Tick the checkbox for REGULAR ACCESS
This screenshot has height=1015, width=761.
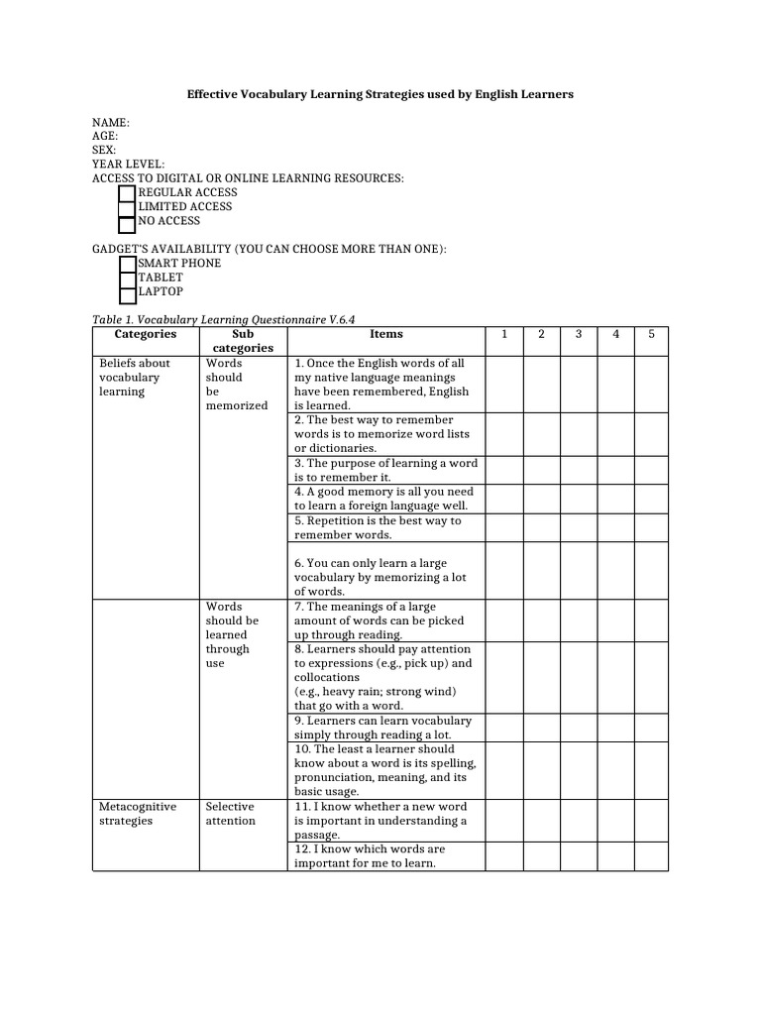pyautogui.click(x=127, y=193)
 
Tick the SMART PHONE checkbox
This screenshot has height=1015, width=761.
pyautogui.click(x=127, y=264)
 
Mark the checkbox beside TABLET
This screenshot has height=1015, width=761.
pyautogui.click(x=127, y=279)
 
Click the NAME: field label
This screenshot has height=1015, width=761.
pyautogui.click(x=111, y=121)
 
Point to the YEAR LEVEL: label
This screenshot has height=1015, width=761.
pyautogui.click(x=129, y=164)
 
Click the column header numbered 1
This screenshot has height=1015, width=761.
pyautogui.click(x=503, y=335)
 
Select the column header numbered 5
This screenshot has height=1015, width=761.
pyautogui.click(x=651, y=335)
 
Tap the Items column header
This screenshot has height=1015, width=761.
pyautogui.click(x=385, y=335)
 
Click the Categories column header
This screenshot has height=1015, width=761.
pyautogui.click(x=146, y=335)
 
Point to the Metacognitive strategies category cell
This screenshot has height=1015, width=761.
pyautogui.click(x=138, y=814)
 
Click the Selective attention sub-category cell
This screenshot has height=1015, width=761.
pyautogui.click(x=230, y=814)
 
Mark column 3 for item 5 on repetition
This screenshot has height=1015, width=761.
pyautogui.click(x=579, y=527)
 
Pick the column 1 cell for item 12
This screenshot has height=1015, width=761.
pyautogui.click(x=503, y=856)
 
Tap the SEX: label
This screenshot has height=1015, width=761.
pyautogui.click(x=104, y=150)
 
